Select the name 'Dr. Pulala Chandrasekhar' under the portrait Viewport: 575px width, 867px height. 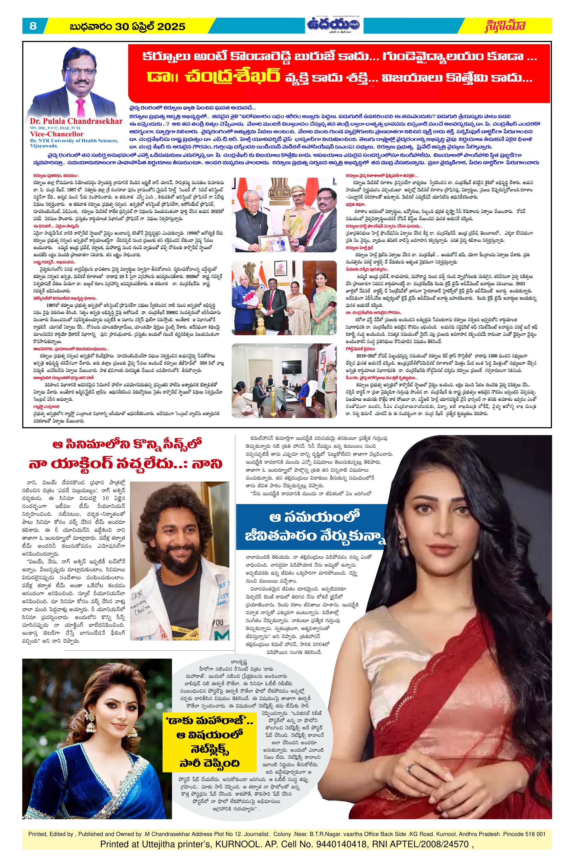(77, 121)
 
